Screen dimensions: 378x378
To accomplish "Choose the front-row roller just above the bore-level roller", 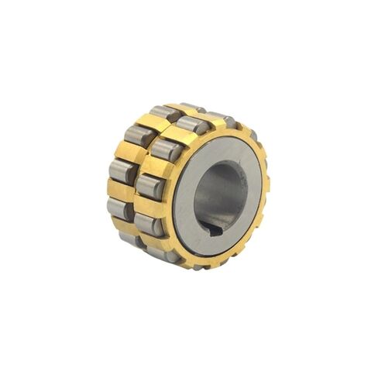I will tap(165, 149).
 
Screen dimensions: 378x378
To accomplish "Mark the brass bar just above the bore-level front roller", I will tap(155, 167).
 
